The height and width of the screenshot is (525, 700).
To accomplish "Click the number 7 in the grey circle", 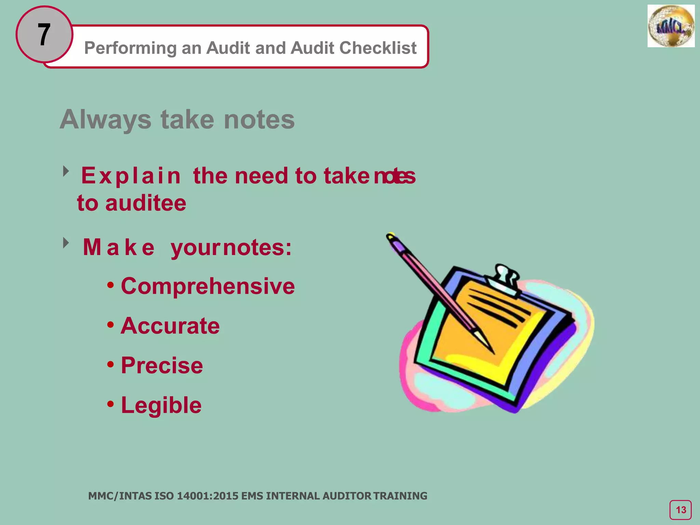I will click(44, 35).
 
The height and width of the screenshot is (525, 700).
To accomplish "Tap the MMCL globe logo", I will click(671, 26).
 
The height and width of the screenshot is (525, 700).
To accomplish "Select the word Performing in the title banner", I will click(131, 48).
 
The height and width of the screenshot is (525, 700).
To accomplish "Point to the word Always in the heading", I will click(105, 120).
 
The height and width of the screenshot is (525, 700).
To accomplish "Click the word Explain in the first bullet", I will click(131, 176).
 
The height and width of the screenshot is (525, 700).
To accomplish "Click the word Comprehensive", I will click(207, 286).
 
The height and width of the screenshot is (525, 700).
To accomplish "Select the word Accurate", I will click(170, 326).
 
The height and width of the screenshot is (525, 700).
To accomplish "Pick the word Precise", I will click(162, 365).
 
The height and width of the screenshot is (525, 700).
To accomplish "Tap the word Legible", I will click(161, 405).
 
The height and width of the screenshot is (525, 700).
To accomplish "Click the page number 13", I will click(681, 510).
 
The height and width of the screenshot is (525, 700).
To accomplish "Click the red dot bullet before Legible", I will click(110, 404).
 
